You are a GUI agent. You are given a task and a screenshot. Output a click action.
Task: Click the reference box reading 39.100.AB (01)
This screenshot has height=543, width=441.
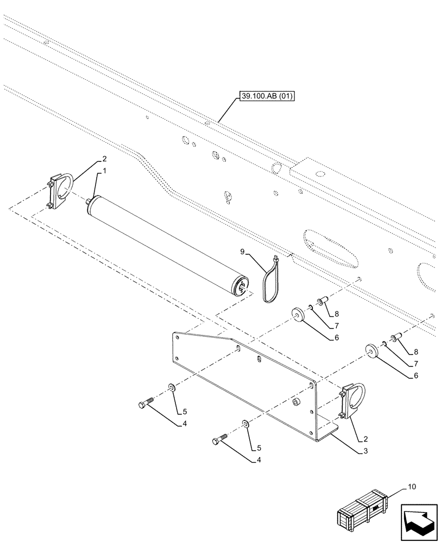coord(265,98)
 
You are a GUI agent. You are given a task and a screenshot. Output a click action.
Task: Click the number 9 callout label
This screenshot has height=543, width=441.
coord(244,251)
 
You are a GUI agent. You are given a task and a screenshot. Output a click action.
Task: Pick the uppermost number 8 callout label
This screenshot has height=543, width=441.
coord(337,314)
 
